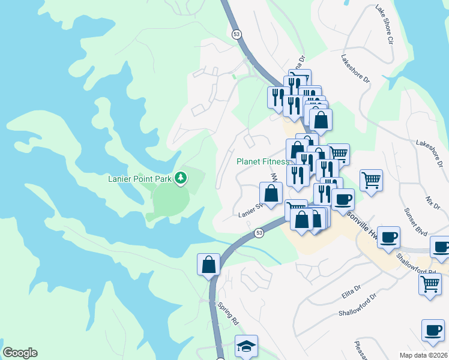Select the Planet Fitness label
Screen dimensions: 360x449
coord(262,161)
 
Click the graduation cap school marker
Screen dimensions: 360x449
coord(245,346)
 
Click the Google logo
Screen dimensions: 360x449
coord(20,352)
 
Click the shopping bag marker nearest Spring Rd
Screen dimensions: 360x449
coord(208,265)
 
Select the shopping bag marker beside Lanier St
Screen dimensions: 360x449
coord(271,194)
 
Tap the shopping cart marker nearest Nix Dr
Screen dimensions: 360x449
coord(371,179)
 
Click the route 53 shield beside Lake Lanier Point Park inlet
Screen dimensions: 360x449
coord(259,233)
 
